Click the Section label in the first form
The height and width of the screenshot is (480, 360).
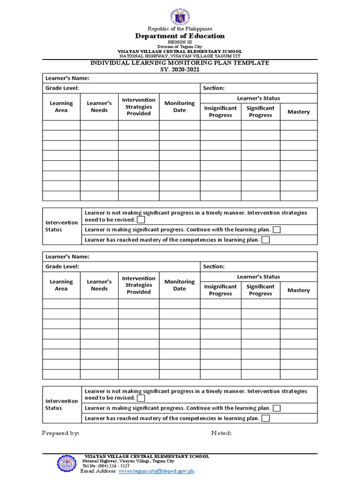click(214, 88)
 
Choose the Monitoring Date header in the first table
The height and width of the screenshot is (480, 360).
click(180, 107)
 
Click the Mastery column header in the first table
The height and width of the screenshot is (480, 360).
click(299, 112)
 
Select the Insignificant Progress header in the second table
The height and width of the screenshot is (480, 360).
click(220, 290)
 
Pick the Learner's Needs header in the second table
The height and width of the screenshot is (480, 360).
click(99, 285)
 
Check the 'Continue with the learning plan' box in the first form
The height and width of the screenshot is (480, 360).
click(277, 230)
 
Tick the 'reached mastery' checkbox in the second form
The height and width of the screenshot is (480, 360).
click(266, 418)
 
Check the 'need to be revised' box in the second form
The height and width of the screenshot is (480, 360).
click(141, 398)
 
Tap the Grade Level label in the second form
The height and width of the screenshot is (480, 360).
click(62, 266)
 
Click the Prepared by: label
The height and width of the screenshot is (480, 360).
click(60, 433)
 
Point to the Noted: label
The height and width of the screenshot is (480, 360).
click(221, 433)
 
